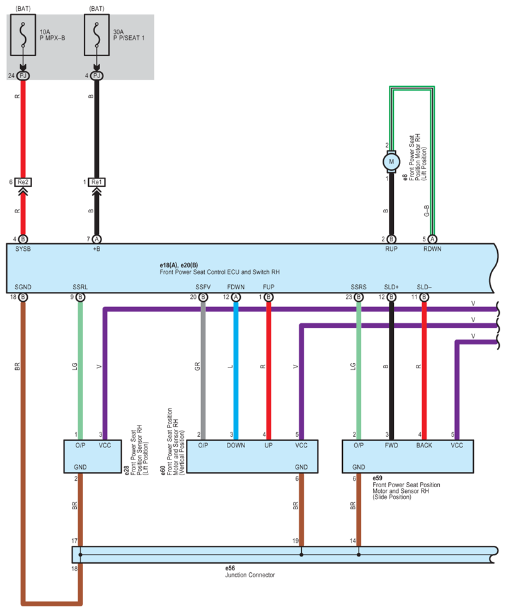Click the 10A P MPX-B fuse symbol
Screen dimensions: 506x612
pyautogui.click(x=23, y=35)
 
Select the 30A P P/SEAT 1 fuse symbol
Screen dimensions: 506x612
pyautogui.click(x=97, y=35)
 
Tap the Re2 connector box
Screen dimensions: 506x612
pyautogui.click(x=23, y=182)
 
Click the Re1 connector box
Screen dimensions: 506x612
pyautogui.click(x=97, y=182)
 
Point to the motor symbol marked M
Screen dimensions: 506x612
pyautogui.click(x=391, y=161)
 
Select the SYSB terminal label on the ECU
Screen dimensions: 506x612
pyautogui.click(x=23, y=249)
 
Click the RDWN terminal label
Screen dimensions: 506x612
pyautogui.click(x=432, y=249)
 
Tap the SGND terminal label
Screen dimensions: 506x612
pyautogui.click(x=23, y=287)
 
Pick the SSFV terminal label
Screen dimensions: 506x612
pyautogui.click(x=203, y=287)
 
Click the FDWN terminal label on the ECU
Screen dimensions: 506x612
pyautogui.click(x=236, y=287)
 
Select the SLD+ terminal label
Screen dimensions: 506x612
pyautogui.click(x=391, y=287)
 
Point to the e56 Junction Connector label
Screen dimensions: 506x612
pyautogui.click(x=250, y=572)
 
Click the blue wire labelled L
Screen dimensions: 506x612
pyautogui.click(x=236, y=371)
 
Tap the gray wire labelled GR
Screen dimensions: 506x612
pyautogui.click(x=203, y=371)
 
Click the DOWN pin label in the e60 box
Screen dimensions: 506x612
pyautogui.click(x=236, y=446)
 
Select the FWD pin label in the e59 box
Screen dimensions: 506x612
pyautogui.click(x=391, y=446)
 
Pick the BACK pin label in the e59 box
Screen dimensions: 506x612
pyautogui.click(x=424, y=446)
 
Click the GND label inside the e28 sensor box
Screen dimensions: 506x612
pyautogui.click(x=81, y=467)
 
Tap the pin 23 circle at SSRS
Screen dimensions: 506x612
pyautogui.click(x=359, y=297)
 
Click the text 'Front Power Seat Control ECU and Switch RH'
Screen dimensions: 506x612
pyautogui.click(x=220, y=272)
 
